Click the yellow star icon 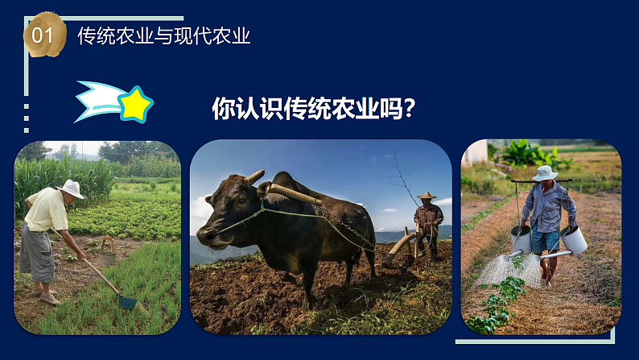[x=136, y=104]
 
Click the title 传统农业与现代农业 [x=164, y=36]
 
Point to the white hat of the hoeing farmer [x=72, y=189]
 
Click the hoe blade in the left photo [x=127, y=302]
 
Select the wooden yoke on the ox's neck [x=294, y=193]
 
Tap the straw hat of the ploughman [x=427, y=196]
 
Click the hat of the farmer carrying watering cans [x=545, y=172]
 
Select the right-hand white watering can [x=574, y=240]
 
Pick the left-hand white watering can [x=521, y=239]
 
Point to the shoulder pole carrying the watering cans [x=541, y=181]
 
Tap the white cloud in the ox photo [x=201, y=209]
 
